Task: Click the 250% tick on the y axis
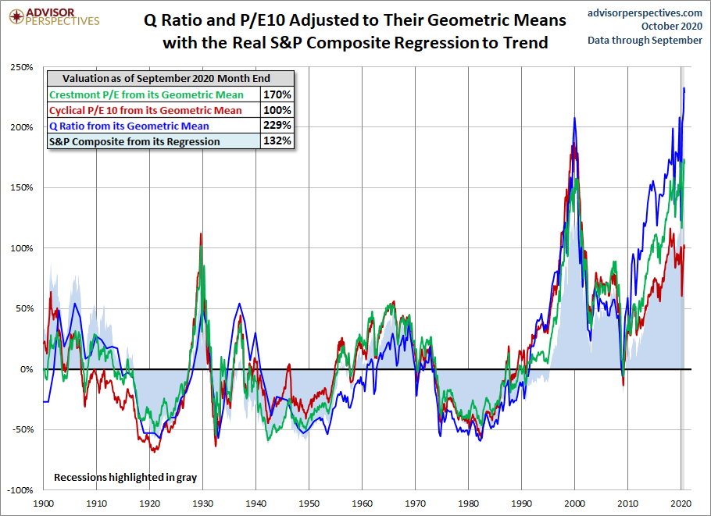point(22,67)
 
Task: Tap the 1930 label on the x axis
point(202,504)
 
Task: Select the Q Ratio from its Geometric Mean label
point(129,126)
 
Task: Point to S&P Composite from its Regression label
point(134,141)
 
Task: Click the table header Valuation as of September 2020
point(170,79)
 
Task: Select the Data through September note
point(645,40)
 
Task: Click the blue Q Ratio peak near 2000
point(575,119)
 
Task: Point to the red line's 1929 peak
point(202,233)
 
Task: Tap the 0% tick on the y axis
point(26,369)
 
